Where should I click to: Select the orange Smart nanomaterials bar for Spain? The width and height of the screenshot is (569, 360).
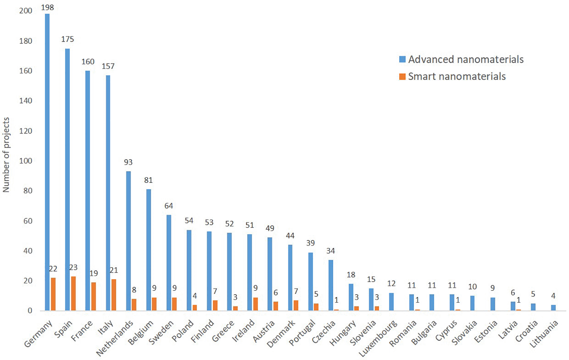[x=73, y=294]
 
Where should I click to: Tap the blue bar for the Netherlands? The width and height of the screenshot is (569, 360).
[x=128, y=241]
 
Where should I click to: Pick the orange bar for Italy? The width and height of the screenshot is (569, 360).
[x=114, y=295]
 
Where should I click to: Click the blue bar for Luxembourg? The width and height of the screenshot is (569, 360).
[x=391, y=302]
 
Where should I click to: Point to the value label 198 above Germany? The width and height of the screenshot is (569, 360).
[x=47, y=7]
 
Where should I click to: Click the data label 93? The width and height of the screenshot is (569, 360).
[x=128, y=162]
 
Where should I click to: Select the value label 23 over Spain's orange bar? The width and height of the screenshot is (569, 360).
[x=73, y=267]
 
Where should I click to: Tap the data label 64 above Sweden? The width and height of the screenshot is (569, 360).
[x=169, y=206]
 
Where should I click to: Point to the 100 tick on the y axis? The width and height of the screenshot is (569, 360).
[x=26, y=161]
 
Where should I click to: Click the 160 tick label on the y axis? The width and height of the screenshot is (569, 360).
[x=26, y=71]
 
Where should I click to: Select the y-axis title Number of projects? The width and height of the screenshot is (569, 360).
[x=6, y=155]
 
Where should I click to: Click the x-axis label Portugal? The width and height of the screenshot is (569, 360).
[x=302, y=332]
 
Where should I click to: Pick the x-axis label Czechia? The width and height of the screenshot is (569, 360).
[x=324, y=332]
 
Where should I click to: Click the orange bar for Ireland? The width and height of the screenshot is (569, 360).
[x=255, y=304]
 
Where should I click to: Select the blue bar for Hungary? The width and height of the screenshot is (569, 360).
[x=351, y=297]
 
